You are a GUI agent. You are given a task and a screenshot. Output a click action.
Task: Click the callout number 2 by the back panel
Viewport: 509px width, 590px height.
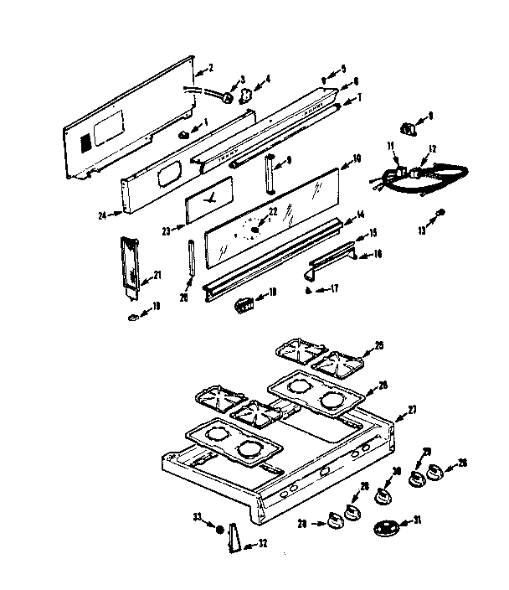(210, 67)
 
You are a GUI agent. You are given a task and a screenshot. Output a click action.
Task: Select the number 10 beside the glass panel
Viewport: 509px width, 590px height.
(356, 158)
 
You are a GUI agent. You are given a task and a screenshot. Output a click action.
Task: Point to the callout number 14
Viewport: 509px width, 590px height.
(360, 215)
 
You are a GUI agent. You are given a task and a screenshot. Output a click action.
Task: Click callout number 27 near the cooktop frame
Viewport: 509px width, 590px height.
(411, 410)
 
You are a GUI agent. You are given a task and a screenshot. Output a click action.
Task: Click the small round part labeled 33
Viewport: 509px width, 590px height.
(219, 530)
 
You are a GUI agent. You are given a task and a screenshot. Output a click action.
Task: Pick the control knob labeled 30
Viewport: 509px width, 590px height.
(385, 497)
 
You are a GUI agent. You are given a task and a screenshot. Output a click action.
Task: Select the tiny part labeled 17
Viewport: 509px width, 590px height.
(307, 290)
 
